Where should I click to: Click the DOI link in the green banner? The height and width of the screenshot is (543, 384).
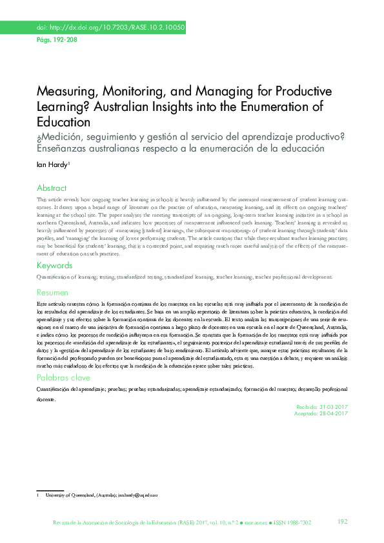(110, 28)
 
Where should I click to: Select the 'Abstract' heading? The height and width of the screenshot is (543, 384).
(52, 188)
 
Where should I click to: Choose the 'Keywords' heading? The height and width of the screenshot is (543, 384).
(54, 266)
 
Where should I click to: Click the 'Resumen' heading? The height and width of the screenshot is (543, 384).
(52, 292)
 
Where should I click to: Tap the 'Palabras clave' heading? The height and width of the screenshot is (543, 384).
(63, 377)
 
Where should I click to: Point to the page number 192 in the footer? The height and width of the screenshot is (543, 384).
(343, 521)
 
